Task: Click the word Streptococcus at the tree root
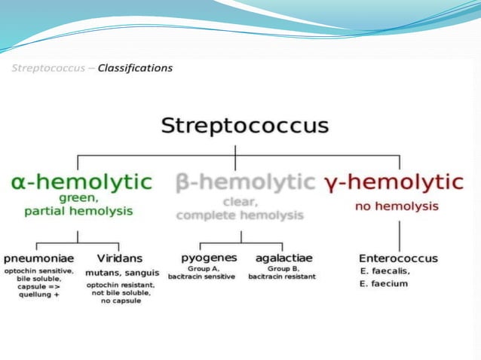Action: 245,125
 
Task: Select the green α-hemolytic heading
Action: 81,182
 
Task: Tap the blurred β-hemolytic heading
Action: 244,182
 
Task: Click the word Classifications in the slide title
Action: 138,69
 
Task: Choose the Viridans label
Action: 119,258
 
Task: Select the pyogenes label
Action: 209,258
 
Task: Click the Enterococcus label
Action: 398,258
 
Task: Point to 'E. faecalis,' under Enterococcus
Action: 384,271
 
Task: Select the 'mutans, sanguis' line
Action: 122,272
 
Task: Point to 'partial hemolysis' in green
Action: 78,211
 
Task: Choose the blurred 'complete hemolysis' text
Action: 240,215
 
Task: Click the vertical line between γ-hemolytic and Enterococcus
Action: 399,233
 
